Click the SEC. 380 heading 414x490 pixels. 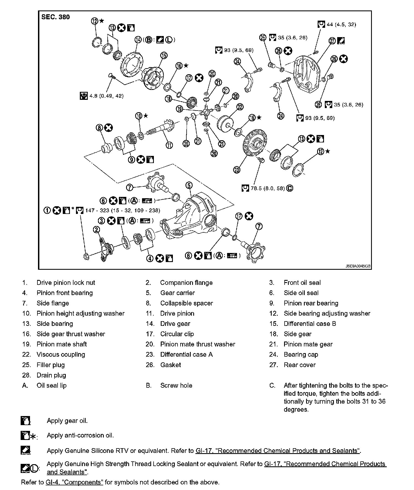click(x=55, y=17)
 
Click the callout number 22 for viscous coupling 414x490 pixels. click(x=240, y=107)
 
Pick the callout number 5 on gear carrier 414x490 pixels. click(x=189, y=185)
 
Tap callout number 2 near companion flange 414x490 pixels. click(x=96, y=230)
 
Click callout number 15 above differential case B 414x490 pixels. click(x=164, y=56)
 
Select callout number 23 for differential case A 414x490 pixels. click(x=237, y=170)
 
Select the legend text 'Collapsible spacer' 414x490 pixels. click(x=187, y=303)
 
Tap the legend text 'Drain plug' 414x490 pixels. click(x=51, y=375)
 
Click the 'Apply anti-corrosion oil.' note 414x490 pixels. click(x=80, y=435)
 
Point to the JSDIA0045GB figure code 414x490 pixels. click(x=358, y=266)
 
